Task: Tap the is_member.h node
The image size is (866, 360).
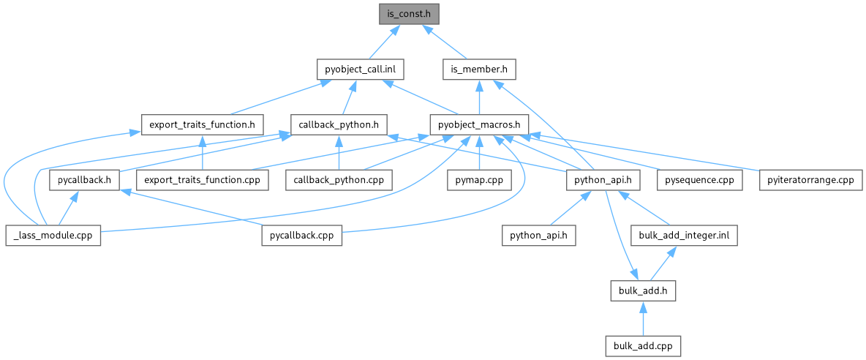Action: coord(480,70)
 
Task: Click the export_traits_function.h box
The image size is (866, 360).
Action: coord(201,124)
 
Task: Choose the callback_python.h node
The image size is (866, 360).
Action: coord(339,124)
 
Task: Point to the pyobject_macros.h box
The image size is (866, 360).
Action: coord(478,124)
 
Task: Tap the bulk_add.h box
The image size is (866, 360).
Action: coord(641,290)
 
